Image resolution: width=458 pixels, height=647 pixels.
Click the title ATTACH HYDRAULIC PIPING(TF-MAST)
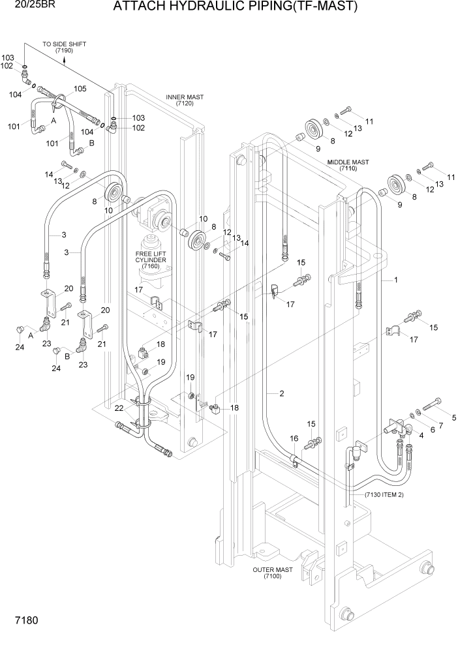pyautogui.click(x=235, y=8)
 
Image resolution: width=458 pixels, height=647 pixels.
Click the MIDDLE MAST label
pyautogui.click(x=348, y=165)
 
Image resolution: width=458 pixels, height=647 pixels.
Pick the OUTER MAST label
pyautogui.click(x=272, y=573)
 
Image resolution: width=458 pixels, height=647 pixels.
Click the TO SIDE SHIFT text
pyautogui.click(x=64, y=44)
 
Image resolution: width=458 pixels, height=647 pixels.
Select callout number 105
pyautogui.click(x=80, y=89)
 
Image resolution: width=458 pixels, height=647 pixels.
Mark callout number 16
pyautogui.click(x=295, y=439)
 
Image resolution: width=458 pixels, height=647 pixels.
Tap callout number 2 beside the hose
pyautogui.click(x=281, y=393)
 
